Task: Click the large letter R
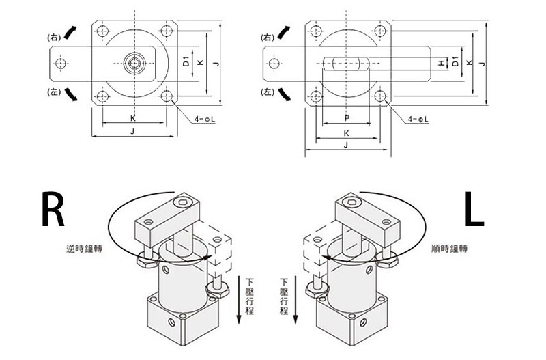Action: point(53,209)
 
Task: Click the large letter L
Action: point(474,209)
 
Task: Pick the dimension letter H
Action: point(442,64)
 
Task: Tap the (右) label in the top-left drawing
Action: point(54,36)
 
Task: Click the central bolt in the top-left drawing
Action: point(133,64)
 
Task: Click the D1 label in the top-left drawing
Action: point(186,63)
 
